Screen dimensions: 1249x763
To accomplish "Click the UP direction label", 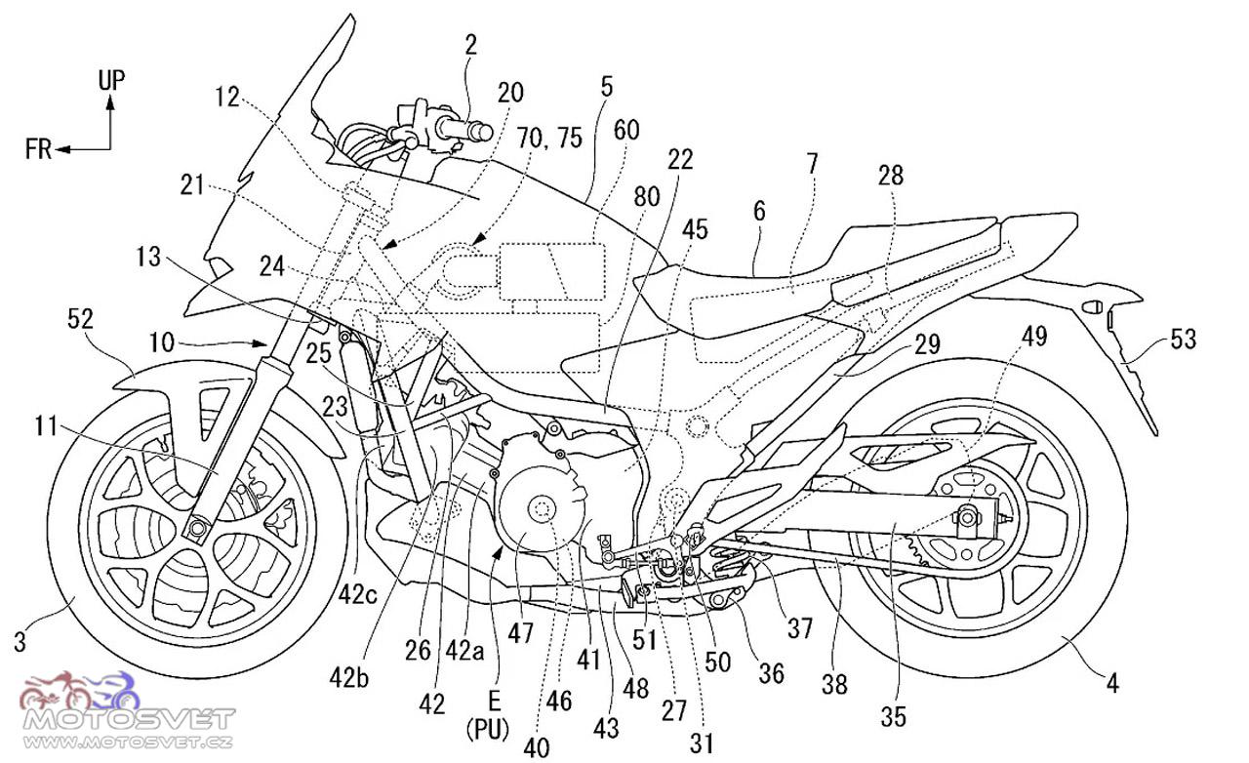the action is [x=111, y=80].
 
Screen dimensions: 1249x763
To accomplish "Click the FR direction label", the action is [x=38, y=149].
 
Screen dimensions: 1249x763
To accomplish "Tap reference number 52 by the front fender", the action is [x=80, y=319].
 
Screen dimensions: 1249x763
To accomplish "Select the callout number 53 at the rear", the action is [x=1184, y=340].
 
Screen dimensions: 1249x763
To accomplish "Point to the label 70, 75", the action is [x=549, y=138].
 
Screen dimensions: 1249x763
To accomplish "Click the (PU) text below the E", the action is [x=489, y=730].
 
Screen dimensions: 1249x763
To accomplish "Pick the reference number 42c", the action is [x=357, y=595].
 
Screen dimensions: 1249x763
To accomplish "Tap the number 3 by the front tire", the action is [x=20, y=643].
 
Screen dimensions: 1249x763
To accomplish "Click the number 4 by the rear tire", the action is [x=1112, y=683].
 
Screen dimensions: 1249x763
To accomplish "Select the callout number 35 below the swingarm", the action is [x=893, y=717].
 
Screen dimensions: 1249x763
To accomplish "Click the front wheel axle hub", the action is [x=196, y=527].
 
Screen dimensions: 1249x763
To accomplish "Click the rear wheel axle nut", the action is [x=967, y=519].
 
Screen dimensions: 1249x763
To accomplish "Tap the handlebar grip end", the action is [x=484, y=132].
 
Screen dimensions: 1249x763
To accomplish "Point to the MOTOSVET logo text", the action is [x=129, y=719].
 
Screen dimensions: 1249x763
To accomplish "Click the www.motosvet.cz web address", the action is [x=128, y=743].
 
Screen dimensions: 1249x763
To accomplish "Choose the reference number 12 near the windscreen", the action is [x=228, y=99].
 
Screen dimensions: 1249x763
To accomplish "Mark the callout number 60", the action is [x=626, y=130].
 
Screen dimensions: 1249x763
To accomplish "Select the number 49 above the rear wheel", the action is [x=1034, y=337].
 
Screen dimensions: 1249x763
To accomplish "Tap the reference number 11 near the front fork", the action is [x=46, y=426].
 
